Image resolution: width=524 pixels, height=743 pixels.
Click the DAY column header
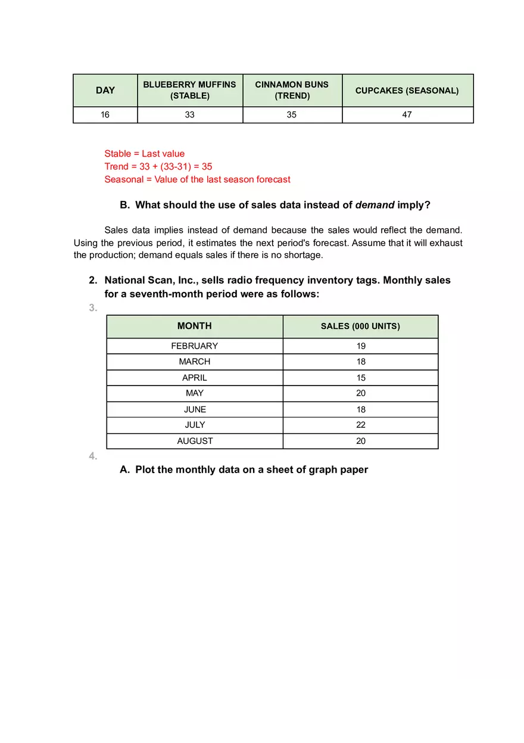tap(105, 91)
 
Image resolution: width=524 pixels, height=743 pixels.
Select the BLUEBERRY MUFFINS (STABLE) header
tap(189, 90)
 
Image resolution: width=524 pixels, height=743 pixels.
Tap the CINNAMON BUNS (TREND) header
tap(292, 90)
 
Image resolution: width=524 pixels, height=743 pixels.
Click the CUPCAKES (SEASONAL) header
tap(407, 91)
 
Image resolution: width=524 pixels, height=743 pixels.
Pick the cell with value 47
tap(407, 115)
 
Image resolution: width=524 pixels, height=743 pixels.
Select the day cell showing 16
tap(105, 115)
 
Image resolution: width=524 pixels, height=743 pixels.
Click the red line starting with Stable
tap(145, 154)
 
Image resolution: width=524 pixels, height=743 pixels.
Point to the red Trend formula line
tap(158, 167)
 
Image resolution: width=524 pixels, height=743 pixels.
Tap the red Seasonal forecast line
tap(197, 179)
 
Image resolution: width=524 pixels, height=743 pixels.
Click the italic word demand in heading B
tap(375, 205)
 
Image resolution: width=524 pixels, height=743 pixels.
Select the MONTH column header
tap(194, 326)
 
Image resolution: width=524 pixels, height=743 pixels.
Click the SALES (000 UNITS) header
tap(360, 327)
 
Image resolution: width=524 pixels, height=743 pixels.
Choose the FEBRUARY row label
tap(194, 346)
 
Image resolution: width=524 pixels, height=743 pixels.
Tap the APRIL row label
tap(194, 378)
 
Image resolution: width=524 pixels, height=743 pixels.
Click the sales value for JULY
tap(361, 425)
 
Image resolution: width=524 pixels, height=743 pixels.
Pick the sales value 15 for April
tap(361, 378)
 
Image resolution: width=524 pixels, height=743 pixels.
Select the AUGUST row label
tap(194, 441)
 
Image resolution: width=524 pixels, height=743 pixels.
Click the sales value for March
tap(361, 362)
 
